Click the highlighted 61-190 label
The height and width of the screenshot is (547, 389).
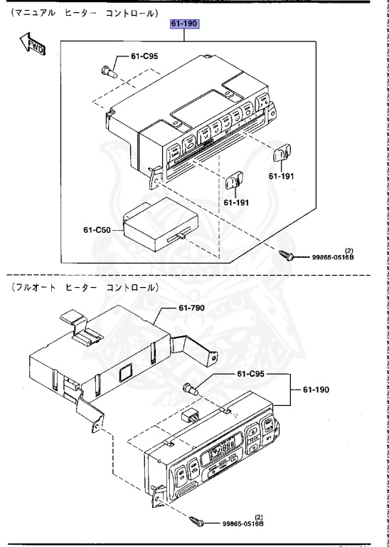click(x=185, y=24)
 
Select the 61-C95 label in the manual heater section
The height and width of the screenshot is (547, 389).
click(x=146, y=56)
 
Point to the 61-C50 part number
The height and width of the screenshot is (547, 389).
click(x=99, y=230)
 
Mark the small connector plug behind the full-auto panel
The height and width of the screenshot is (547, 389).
click(x=191, y=415)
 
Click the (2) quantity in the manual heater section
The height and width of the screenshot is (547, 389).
click(x=349, y=251)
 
